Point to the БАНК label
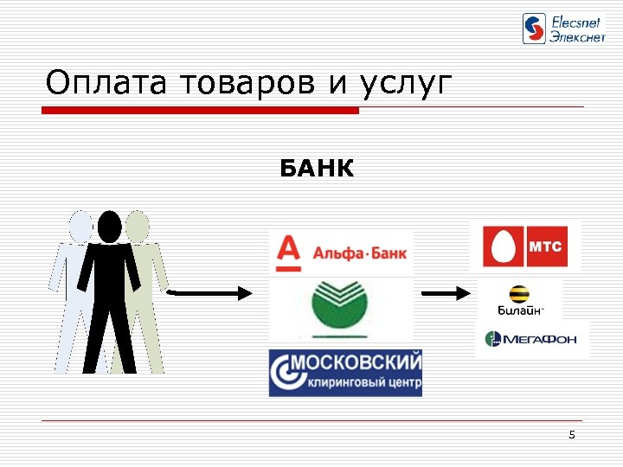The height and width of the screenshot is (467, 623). point(317,169)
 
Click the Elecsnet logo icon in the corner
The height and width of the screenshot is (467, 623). point(535,29)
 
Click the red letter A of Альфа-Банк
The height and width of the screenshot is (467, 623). point(287,251)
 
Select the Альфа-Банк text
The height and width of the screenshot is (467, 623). point(358,255)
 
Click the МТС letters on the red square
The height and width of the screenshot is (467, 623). point(545,246)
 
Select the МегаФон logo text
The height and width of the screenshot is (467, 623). point(540,339)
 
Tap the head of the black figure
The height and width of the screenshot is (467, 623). point(110,227)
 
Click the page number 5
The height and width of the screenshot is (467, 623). point(572,434)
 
